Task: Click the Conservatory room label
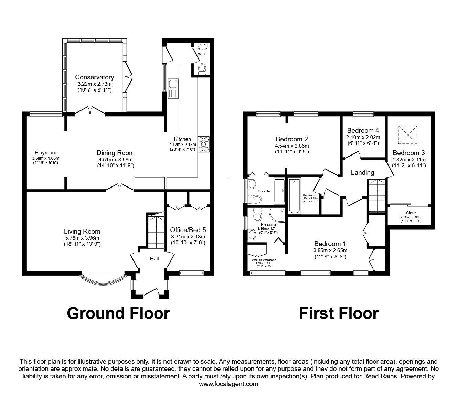[94, 77]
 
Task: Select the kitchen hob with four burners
[204, 144]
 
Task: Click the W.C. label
[202, 54]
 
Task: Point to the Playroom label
[45, 153]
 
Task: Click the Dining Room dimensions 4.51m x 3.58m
[115, 159]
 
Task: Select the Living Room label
[82, 232]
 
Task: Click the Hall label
[155, 258]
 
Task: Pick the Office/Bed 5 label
[188, 230]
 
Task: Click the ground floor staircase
[156, 229]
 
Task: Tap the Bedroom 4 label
[363, 130]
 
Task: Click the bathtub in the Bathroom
[294, 196]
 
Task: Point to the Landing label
[362, 172]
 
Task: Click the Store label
[411, 213]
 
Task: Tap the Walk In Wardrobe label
[264, 260]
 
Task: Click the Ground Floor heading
[118, 313]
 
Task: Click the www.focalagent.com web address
[228, 384]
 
